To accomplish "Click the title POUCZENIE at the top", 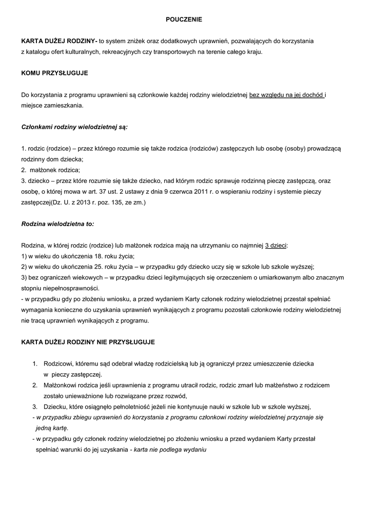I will pos(184,19).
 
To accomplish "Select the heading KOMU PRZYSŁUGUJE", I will pos(54,73).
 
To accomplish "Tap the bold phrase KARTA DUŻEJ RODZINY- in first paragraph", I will pos(59,41).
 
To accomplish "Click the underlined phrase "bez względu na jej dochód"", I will pos(286,95).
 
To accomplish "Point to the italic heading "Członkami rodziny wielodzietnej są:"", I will pos(74,126).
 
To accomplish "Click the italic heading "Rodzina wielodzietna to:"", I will pos(57,224).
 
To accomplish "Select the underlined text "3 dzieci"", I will pos(276,246).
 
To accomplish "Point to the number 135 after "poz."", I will pos(119,203).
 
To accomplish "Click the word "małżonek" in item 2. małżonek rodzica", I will pos(44,170).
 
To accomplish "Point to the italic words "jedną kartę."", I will pos(52,428).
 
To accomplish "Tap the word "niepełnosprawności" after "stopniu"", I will pos(72,289).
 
